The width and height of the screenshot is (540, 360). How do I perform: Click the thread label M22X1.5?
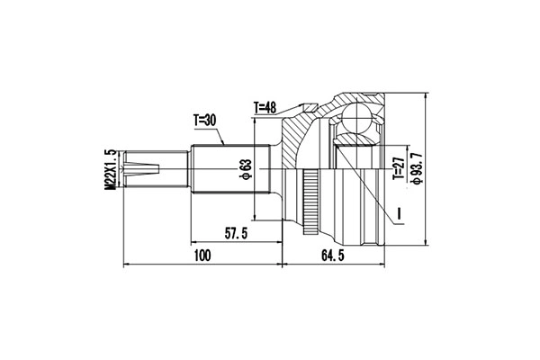coord(111,169)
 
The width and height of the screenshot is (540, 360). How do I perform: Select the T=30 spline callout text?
coord(204,121)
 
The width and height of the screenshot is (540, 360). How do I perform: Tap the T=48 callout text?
coord(265,107)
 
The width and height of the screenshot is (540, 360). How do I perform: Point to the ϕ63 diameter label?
coord(247,169)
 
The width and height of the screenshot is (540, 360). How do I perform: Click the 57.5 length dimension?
coord(236,234)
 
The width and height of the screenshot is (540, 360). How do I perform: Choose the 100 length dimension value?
coord(202,256)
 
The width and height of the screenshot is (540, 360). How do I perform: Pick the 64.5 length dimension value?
coord(333,256)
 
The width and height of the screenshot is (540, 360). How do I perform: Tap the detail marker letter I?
coord(399,213)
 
